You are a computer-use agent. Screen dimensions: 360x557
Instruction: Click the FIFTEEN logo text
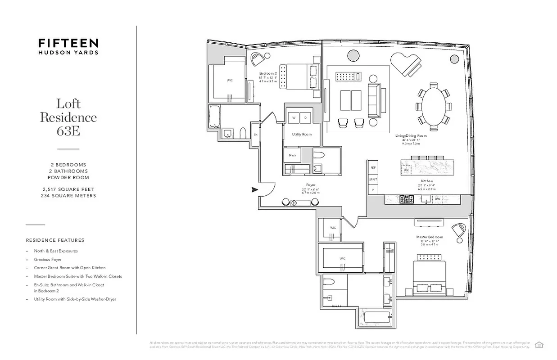pos(68,43)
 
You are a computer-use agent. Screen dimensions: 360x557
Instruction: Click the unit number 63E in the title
pos(68,131)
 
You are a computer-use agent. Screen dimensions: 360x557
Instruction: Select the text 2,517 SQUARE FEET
pos(68,189)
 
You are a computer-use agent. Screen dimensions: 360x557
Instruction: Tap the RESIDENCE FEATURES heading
pos(55,240)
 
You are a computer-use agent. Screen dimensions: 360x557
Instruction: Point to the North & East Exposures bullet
pos(56,251)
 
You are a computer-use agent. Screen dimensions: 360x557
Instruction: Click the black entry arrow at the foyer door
pos(254,190)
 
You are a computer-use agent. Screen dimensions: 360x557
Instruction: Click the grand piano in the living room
pos(406,64)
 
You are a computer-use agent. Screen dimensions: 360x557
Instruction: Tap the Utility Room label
pos(302,134)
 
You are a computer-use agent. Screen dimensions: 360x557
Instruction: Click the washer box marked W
pos(294,117)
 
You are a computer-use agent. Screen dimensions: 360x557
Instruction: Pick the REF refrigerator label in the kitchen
pos(373,167)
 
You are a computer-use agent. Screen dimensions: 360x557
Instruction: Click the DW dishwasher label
pos(437,198)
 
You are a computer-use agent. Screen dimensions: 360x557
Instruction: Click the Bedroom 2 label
pos(267,73)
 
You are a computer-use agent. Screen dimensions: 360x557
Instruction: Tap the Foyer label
pos(310,185)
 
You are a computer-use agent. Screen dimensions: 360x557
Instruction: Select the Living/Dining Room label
pos(411,135)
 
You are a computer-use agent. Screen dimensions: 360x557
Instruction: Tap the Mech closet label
pos(292,155)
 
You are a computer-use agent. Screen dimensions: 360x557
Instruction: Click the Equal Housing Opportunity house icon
pos(538,345)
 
